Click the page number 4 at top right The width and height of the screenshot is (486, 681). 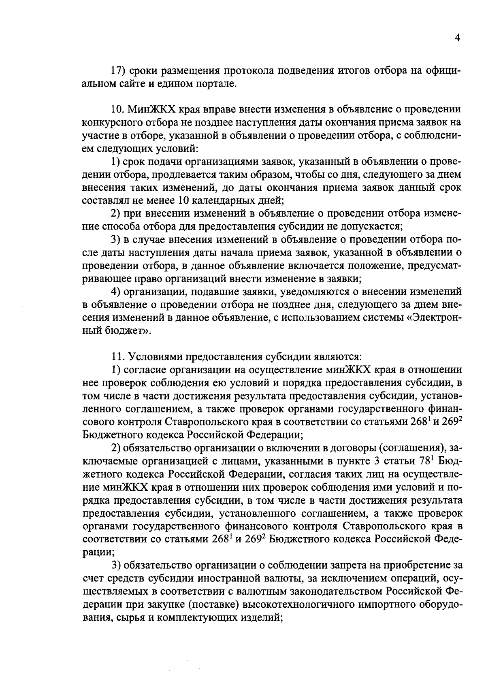click(458, 38)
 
